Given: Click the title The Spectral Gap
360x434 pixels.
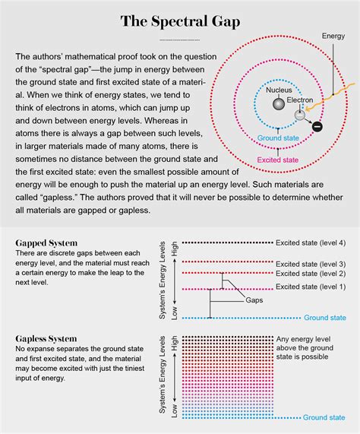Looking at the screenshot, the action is pyautogui.click(x=180, y=21).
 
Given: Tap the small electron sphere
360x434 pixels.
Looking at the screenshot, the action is pyautogui.click(x=300, y=116).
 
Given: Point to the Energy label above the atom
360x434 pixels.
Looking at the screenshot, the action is pyautogui.click(x=333, y=36).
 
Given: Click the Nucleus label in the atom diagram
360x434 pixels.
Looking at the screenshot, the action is pyautogui.click(x=279, y=90).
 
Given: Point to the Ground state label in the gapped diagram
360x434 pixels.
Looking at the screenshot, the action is pyautogui.click(x=324, y=317).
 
